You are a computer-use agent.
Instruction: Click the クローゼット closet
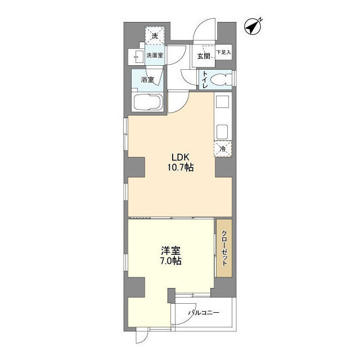224,248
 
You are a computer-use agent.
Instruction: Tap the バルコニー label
203,313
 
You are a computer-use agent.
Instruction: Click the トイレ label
206,79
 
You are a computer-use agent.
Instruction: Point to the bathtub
148,104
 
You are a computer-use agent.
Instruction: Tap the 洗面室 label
155,55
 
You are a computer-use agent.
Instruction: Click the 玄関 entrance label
203,56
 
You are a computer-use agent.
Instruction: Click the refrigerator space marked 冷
223,149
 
